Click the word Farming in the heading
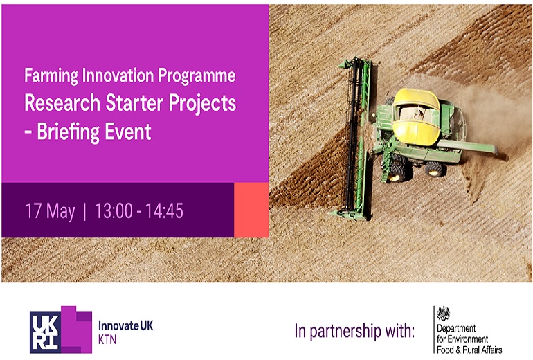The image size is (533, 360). coord(51,75)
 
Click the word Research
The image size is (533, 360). coord(62,102)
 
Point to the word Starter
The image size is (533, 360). coord(135,102)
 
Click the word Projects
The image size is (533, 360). coord(203,103)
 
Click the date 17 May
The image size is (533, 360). coord(51,211)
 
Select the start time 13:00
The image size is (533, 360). coord(114,210)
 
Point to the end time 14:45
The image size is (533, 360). coord(165,210)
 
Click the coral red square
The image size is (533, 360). coord(251,210)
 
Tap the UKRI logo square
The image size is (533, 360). coord(46,332)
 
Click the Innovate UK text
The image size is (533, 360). coord(126,325)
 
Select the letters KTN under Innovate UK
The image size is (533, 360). coord(107,340)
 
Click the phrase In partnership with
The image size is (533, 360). coord(354,331)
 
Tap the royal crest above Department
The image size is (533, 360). coord(444,313)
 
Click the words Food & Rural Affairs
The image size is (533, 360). coord(469,350)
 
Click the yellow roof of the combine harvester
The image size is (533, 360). coord(416,116)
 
